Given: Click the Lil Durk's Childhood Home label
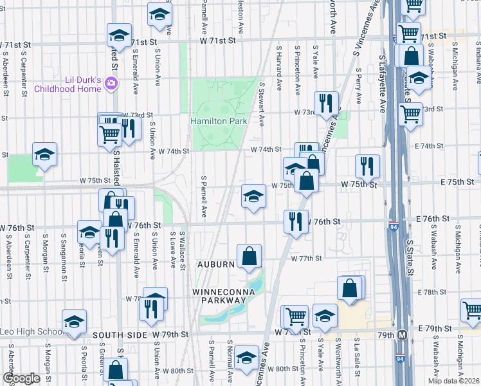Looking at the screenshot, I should click(x=68, y=84).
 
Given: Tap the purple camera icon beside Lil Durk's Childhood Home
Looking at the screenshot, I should click(x=112, y=83).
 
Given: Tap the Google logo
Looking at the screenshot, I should click(x=21, y=378).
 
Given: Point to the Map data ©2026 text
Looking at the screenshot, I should click(x=453, y=381).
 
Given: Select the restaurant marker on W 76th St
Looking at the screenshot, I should click(x=296, y=221).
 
